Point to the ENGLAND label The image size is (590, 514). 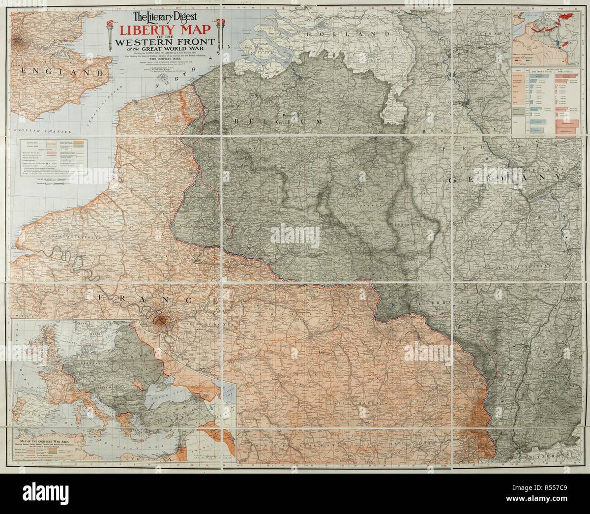point(62,72)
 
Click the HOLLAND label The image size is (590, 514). point(348,34)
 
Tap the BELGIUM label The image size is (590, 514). point(278,121)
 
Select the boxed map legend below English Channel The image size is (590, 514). point(53,156)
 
